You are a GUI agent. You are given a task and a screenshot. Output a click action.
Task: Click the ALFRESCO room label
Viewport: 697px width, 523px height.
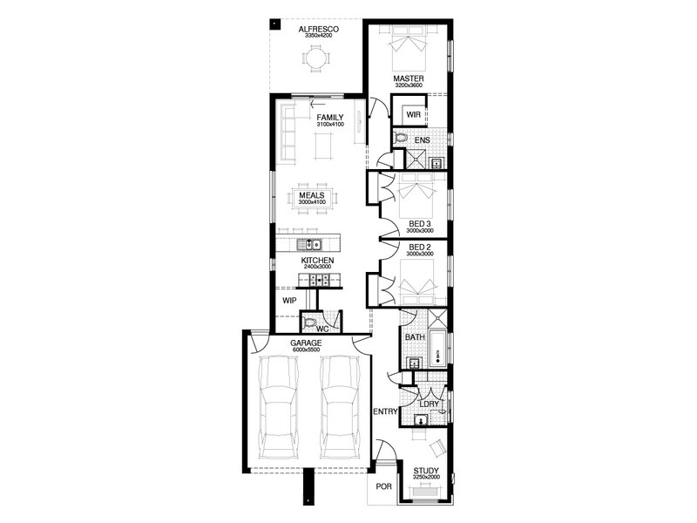319,30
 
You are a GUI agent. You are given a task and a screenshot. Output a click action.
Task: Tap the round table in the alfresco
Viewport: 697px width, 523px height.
316,58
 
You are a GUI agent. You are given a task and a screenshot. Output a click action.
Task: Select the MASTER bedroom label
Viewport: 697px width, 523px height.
409,78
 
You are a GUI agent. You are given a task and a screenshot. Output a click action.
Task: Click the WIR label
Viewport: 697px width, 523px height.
413,114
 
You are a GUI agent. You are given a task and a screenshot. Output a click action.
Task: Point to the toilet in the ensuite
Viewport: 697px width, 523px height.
401,138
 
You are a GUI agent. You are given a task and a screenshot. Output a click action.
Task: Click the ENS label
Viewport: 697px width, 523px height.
423,140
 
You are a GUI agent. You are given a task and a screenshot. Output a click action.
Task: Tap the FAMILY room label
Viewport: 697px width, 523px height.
330,118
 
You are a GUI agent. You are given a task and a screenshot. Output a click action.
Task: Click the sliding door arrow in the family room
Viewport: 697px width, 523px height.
318,105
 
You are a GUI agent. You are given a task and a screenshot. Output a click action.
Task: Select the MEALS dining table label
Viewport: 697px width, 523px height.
312,195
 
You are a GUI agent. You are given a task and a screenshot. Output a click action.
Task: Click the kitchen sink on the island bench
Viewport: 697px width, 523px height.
310,244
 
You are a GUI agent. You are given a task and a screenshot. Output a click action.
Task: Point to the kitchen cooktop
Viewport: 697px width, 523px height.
320,280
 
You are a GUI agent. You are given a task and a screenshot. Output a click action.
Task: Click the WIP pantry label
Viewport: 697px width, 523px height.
289,301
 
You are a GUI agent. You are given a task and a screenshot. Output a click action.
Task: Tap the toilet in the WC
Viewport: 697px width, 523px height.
308,323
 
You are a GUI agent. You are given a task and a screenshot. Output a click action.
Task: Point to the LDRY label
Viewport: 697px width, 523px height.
430,404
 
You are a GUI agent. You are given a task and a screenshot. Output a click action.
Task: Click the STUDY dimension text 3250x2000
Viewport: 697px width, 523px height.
426,477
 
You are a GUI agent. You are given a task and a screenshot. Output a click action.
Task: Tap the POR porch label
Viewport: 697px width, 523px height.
384,486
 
